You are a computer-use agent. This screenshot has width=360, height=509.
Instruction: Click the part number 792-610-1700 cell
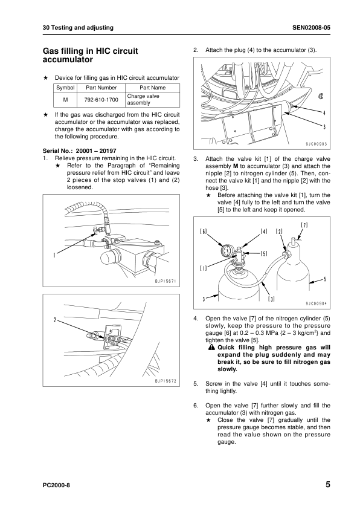pos(101,100)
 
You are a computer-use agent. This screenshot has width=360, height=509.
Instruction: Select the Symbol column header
pos(65,88)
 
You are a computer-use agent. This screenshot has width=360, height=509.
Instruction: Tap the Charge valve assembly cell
pos(143,99)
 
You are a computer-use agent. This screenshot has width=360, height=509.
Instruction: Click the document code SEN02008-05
pos(311,28)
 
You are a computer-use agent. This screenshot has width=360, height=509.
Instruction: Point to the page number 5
pos(328,485)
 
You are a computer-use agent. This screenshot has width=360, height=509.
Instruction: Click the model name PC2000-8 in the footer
pos(56,485)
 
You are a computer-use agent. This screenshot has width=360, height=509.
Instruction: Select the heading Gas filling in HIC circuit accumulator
pos(91,55)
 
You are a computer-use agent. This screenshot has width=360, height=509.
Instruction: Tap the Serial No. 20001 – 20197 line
pos(80,151)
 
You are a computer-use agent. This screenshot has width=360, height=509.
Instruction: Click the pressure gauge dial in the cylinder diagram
pos(227,250)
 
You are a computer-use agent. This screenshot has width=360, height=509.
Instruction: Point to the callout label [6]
pos(204,232)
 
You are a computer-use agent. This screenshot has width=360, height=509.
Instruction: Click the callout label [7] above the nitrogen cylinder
pos(304,225)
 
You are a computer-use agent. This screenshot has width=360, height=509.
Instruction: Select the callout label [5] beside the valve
pos(264,253)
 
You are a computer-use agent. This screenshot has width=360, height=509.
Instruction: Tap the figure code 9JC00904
pos(317,304)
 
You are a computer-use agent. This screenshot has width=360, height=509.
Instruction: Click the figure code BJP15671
pos(166,281)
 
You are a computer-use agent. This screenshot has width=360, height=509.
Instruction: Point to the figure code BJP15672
pos(166,381)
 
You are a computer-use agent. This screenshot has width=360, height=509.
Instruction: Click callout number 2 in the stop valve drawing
pos(55,320)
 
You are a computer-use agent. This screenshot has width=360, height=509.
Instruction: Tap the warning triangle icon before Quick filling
pos(212,348)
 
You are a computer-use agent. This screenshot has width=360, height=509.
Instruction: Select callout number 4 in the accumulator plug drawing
pos(324,113)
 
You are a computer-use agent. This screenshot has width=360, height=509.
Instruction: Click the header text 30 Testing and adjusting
pos(78,28)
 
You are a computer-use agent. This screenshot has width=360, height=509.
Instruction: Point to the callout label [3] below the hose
pos(271,299)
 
